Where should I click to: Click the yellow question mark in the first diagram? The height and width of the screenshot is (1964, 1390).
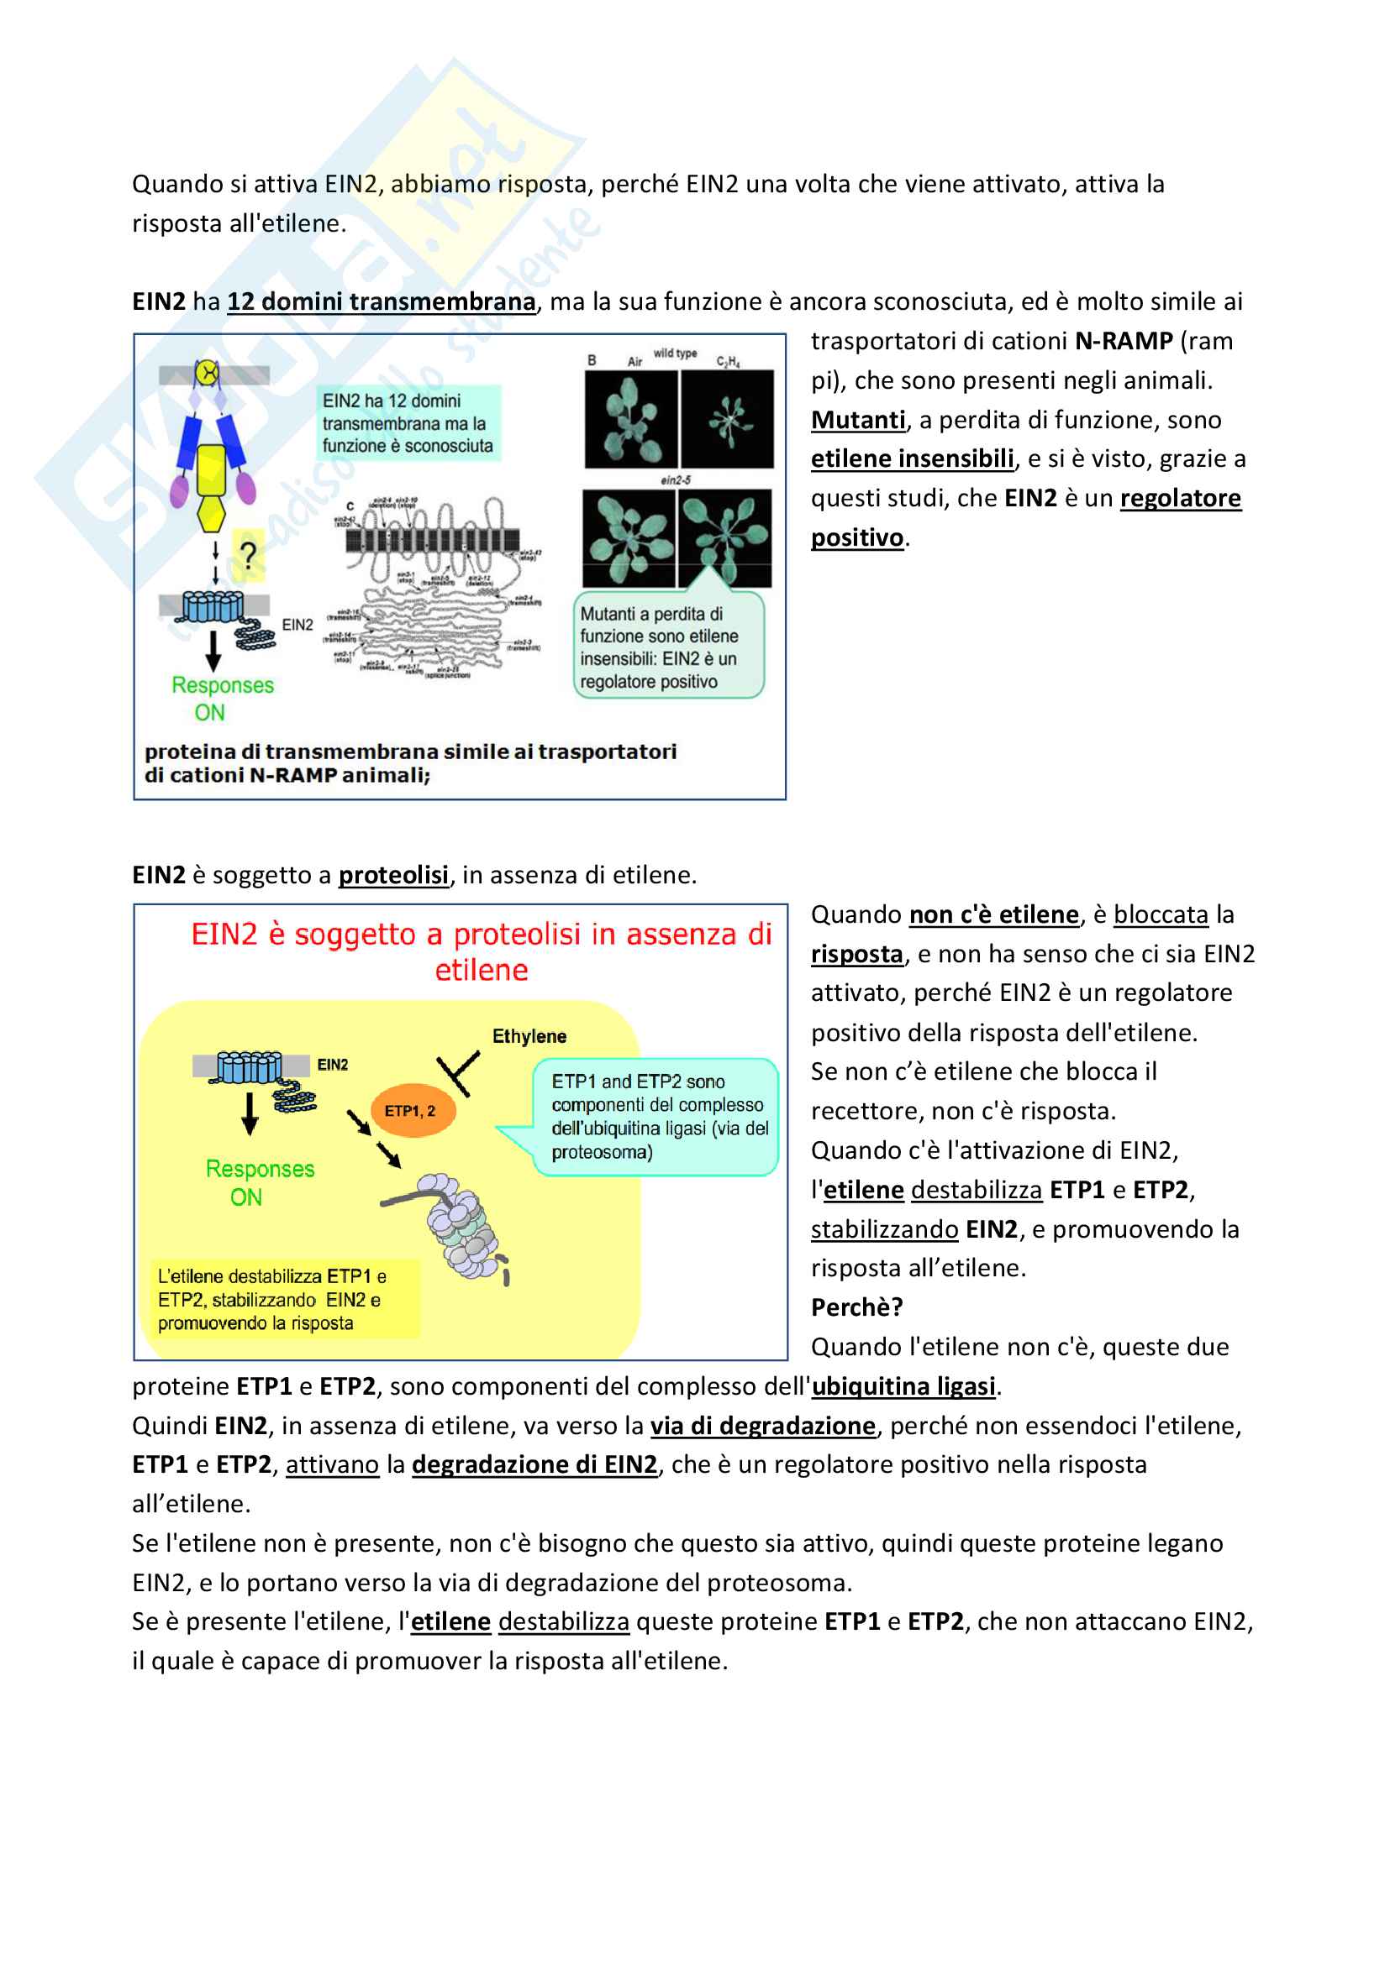point(248,555)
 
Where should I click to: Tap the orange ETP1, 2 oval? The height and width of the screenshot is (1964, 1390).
point(413,1110)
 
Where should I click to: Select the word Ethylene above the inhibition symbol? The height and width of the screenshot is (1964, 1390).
point(529,1036)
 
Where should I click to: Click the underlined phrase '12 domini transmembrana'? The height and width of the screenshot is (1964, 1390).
point(381,302)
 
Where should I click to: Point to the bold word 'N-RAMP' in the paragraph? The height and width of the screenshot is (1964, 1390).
point(1123,341)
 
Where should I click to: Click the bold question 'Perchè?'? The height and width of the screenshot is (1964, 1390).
point(856,1307)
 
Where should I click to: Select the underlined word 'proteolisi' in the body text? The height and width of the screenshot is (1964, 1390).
point(392,875)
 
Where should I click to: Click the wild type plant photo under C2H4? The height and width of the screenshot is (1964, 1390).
point(728,419)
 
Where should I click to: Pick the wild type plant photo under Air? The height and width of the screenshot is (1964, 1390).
point(632,419)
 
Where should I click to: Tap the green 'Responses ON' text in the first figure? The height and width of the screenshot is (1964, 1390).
point(222,698)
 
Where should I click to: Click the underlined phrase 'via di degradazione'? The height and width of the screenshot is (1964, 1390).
point(762,1425)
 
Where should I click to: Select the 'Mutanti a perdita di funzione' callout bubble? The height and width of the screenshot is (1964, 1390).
point(667,647)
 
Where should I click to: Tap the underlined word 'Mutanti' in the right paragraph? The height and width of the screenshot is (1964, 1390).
point(858,420)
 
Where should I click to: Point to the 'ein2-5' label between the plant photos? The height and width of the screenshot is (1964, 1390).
point(677,481)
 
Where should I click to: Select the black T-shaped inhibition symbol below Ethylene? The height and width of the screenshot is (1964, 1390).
point(458,1074)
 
